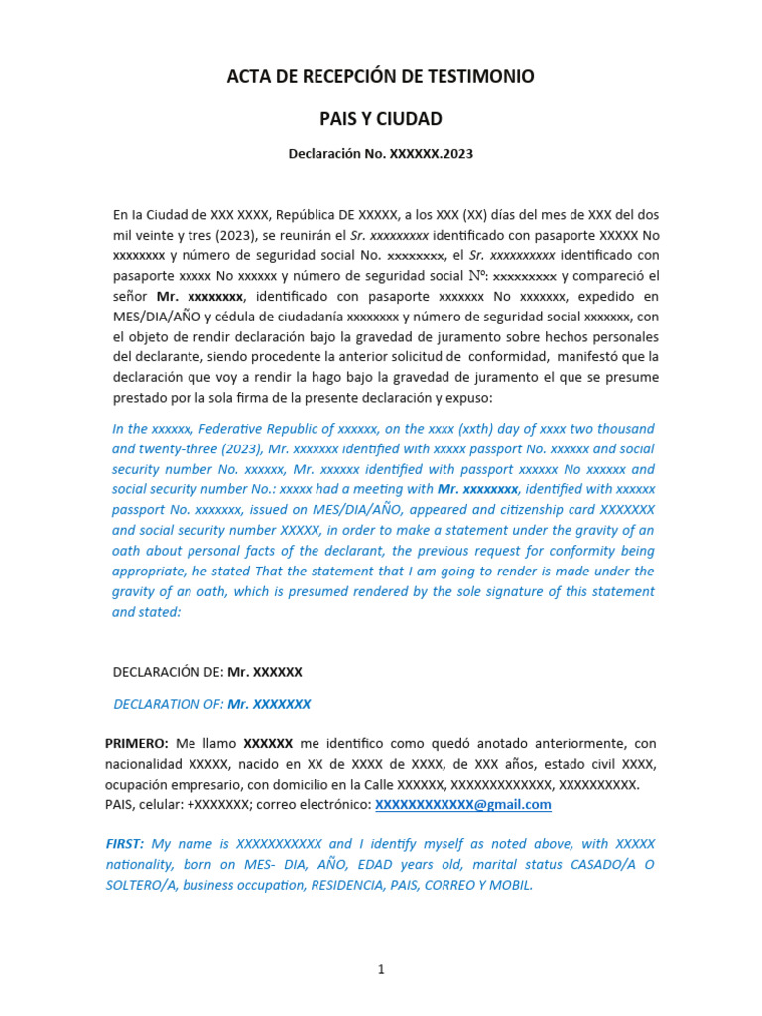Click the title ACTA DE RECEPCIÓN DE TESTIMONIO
coord(381,77)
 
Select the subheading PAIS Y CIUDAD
coord(381,119)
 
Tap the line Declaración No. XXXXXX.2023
coord(381,155)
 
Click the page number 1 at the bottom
coord(380,970)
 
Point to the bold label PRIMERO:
coord(137,743)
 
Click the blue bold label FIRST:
coord(125,844)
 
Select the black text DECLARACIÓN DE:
coord(169,672)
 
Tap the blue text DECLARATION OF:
coord(169,704)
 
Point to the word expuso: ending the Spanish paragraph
coord(458,398)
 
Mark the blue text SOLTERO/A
coord(144,885)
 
